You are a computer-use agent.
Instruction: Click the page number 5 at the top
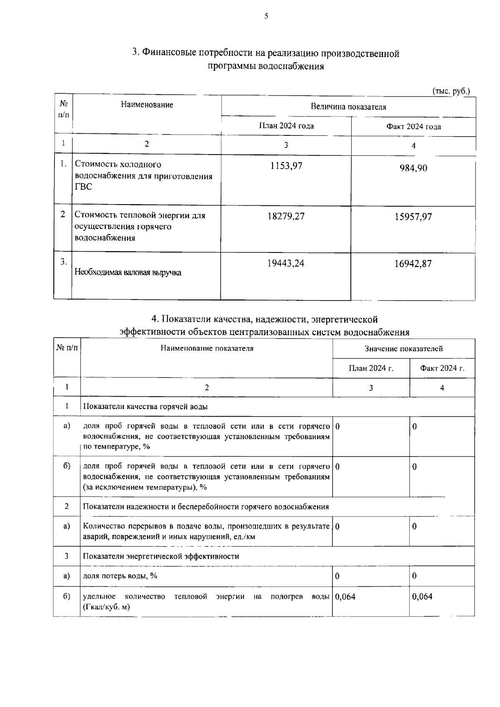[266, 16]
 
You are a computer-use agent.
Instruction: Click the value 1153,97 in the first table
[286, 166]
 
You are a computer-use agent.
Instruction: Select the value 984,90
[413, 168]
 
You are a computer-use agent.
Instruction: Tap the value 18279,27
[286, 216]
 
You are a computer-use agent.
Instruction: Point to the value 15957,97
[413, 217]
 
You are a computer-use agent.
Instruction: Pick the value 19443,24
[286, 263]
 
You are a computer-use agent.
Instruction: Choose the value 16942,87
[413, 263]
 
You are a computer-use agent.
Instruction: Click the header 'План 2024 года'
[286, 126]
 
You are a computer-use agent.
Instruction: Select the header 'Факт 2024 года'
[413, 127]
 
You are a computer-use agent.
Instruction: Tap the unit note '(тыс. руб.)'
[451, 91]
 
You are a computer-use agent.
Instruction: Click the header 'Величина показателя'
[348, 107]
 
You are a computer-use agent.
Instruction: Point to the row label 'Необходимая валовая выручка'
[128, 273]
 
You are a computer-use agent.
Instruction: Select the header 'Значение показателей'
[403, 349]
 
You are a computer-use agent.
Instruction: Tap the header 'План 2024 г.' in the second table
[371, 368]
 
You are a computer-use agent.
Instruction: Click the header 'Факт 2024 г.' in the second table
[442, 368]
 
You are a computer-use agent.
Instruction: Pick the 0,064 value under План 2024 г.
[345, 597]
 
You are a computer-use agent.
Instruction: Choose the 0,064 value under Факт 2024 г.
[422, 597]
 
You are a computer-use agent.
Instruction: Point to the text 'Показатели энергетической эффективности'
[161, 556]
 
